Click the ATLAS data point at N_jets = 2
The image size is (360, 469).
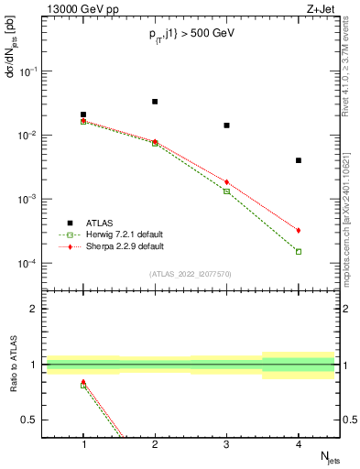coord(155,102)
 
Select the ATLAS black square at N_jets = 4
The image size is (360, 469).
coord(299,160)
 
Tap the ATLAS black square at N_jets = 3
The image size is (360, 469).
coord(226,125)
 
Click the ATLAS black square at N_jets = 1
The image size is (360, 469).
coord(83,115)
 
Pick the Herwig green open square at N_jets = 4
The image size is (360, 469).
coord(299,251)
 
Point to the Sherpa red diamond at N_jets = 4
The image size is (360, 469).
coord(299,230)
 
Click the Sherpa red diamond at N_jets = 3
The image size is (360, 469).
coord(226,182)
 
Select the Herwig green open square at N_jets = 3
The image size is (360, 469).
coord(226,191)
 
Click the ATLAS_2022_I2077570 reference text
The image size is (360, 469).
coord(191,274)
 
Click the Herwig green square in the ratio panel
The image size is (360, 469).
coord(83,385)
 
